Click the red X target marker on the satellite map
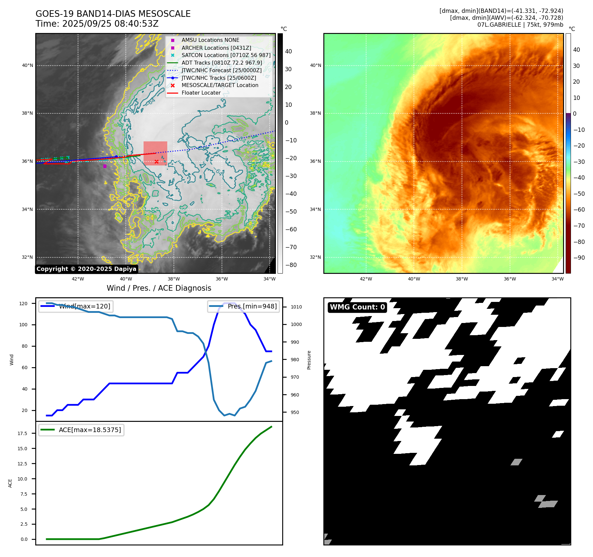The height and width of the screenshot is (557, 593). [x=156, y=161]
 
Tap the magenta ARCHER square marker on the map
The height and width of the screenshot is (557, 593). [x=105, y=166]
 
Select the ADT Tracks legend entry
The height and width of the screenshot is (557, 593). [x=222, y=63]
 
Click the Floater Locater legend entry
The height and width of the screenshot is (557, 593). [x=201, y=93]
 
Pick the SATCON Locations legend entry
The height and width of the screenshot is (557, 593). [x=226, y=55]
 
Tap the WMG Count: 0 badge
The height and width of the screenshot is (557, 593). [x=357, y=307]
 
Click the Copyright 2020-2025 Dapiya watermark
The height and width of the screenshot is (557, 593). [x=86, y=269]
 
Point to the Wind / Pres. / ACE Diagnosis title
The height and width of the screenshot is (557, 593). [x=159, y=288]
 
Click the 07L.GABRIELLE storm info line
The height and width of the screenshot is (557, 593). [x=520, y=25]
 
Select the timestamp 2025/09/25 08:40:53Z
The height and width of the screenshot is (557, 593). [x=110, y=24]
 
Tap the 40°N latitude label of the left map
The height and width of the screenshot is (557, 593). [x=27, y=65]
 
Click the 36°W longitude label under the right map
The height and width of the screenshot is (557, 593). [x=510, y=279]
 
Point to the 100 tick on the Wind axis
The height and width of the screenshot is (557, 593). [x=23, y=325]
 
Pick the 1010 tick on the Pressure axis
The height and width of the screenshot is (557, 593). [x=296, y=307]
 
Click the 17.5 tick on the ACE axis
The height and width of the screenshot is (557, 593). [x=22, y=433]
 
